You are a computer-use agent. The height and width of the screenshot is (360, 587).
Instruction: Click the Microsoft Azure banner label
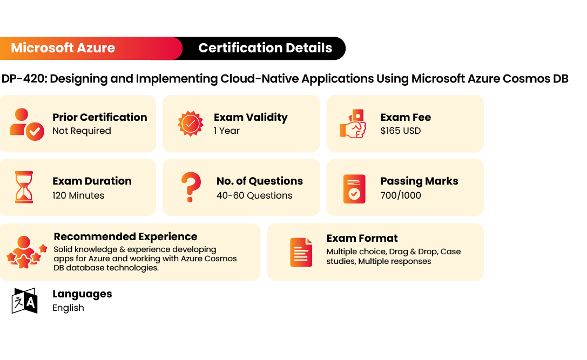coord(63,48)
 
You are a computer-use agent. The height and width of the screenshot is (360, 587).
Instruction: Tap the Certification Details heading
coord(265,48)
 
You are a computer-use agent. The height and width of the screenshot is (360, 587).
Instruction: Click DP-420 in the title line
coord(24,79)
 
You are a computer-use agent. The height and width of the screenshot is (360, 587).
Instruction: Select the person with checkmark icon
coord(27,124)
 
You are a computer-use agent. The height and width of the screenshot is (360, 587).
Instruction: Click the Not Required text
coord(82,131)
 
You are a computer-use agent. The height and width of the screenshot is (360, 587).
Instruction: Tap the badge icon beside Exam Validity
coord(191,124)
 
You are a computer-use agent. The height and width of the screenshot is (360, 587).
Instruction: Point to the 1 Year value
coord(226,131)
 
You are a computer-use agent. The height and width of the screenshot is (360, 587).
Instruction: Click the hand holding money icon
coord(353,124)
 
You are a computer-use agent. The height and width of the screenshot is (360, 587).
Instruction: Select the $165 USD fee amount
coord(401,131)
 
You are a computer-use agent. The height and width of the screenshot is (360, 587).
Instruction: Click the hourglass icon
coord(24,187)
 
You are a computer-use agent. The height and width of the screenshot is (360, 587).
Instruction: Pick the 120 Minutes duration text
coord(78,195)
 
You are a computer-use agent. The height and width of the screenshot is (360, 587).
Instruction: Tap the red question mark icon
coord(191,187)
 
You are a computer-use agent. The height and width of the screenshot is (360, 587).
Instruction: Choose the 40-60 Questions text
coord(254,195)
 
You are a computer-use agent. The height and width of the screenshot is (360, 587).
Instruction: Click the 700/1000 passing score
coord(401,195)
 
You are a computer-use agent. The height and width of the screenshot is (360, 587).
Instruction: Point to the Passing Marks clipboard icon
coord(354,189)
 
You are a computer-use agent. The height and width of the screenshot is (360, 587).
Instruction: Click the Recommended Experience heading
coord(125,237)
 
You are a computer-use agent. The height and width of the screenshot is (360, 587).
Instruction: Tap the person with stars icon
coord(26,252)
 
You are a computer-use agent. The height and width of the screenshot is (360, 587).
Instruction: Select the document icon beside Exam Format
coord(301,252)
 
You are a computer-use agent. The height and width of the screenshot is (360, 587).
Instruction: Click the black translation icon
coord(25,301)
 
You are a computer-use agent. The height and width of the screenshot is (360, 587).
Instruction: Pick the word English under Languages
coord(68,308)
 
